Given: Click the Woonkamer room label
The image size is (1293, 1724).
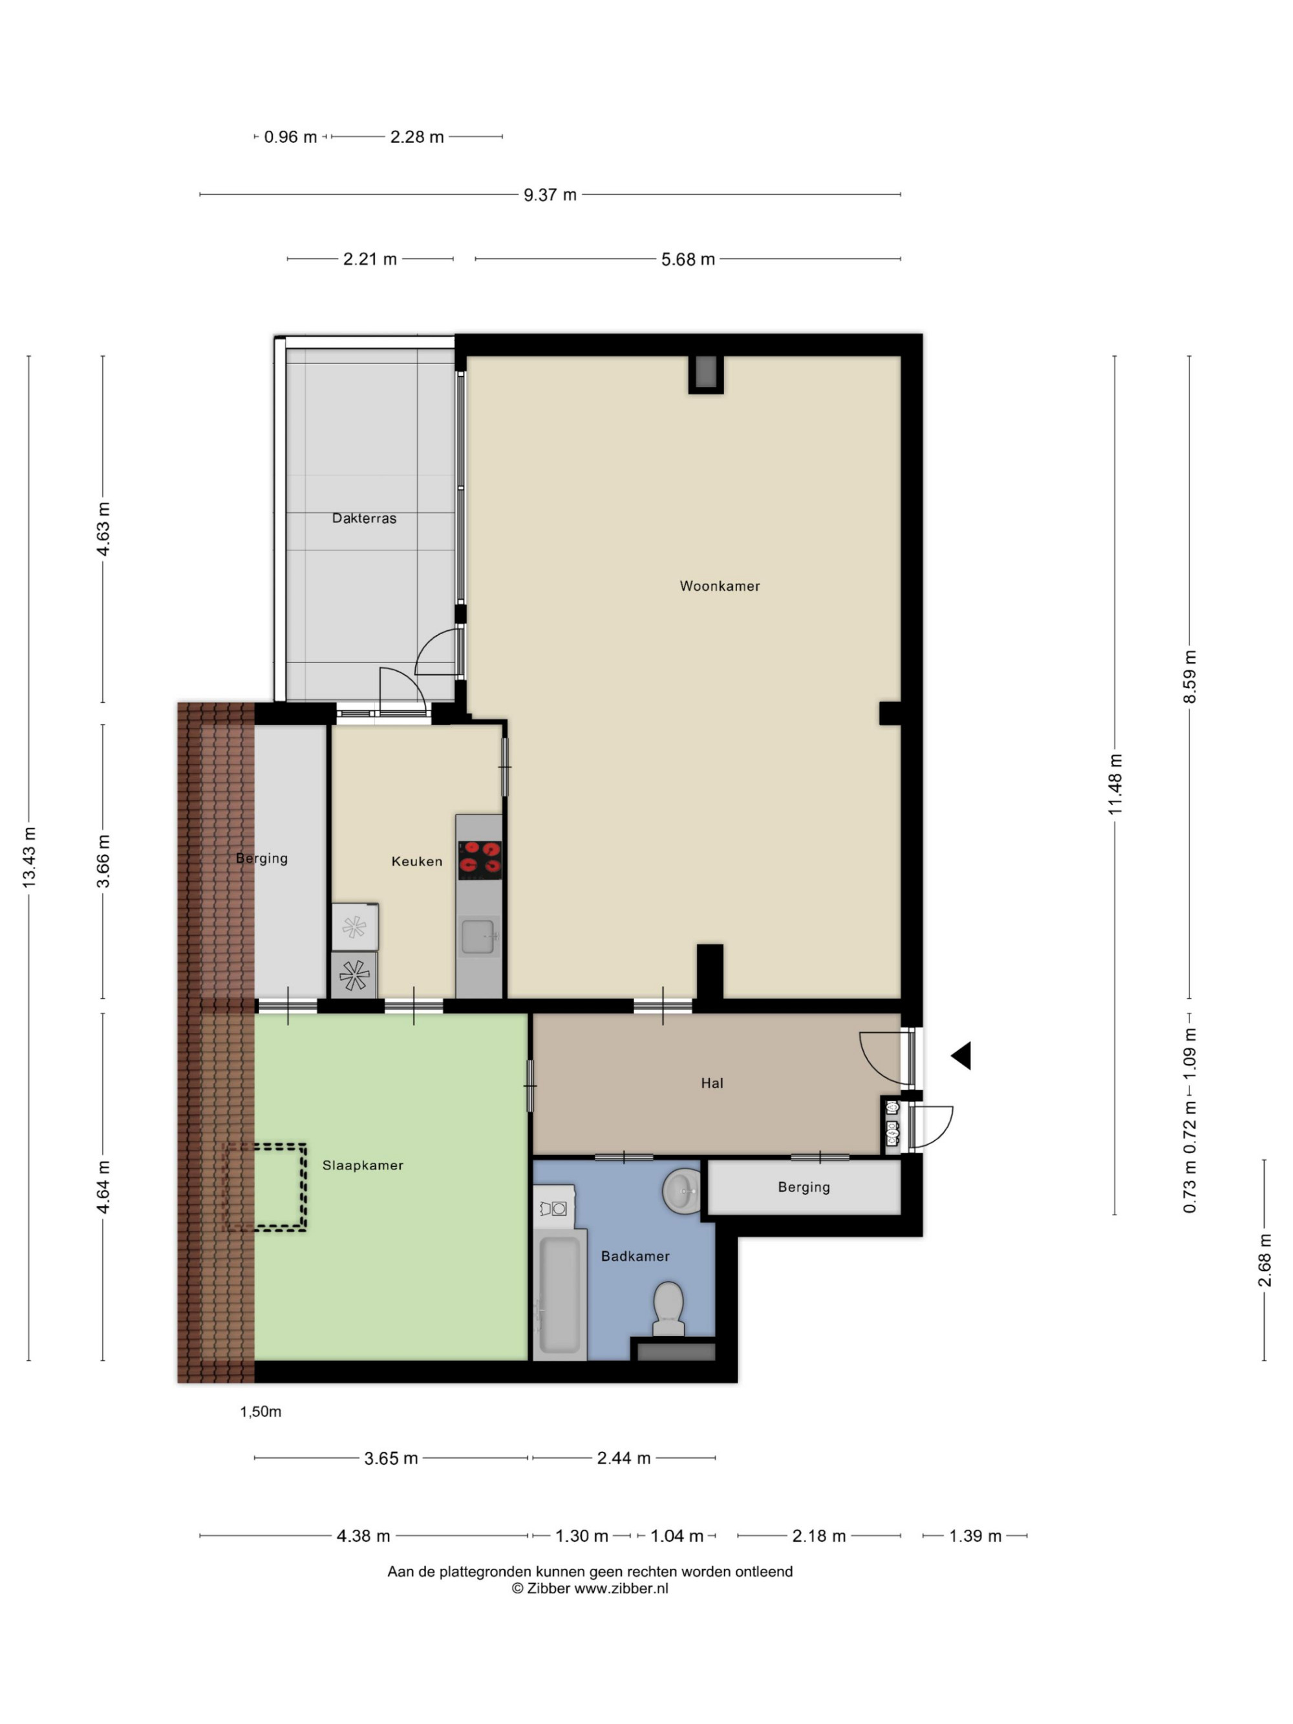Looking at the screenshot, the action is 720,586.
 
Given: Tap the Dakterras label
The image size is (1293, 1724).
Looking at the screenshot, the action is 364,518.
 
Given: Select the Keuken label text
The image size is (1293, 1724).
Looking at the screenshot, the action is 417,861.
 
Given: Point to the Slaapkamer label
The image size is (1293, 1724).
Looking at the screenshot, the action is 363,1165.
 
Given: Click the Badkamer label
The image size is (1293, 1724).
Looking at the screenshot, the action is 636,1257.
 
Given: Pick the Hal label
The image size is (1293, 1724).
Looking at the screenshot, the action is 712,1083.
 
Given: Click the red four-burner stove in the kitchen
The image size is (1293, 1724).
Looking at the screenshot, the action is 479,856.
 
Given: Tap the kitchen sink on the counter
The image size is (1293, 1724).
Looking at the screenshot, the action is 478,937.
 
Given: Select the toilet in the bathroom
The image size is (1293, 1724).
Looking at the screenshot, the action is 668,1308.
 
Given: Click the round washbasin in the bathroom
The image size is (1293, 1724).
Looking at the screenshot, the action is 682,1191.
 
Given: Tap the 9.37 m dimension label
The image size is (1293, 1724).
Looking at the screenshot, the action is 550,195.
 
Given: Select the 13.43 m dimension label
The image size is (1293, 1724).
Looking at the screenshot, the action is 29,857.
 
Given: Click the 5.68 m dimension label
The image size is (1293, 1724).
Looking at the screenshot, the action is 688,259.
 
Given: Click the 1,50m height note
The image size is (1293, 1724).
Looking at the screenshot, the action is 261,1412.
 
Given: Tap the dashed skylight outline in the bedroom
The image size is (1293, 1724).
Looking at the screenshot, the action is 265,1187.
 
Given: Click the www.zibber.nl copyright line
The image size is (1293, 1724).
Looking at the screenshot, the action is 590,1588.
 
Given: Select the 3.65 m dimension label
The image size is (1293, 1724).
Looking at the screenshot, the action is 391,1458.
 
